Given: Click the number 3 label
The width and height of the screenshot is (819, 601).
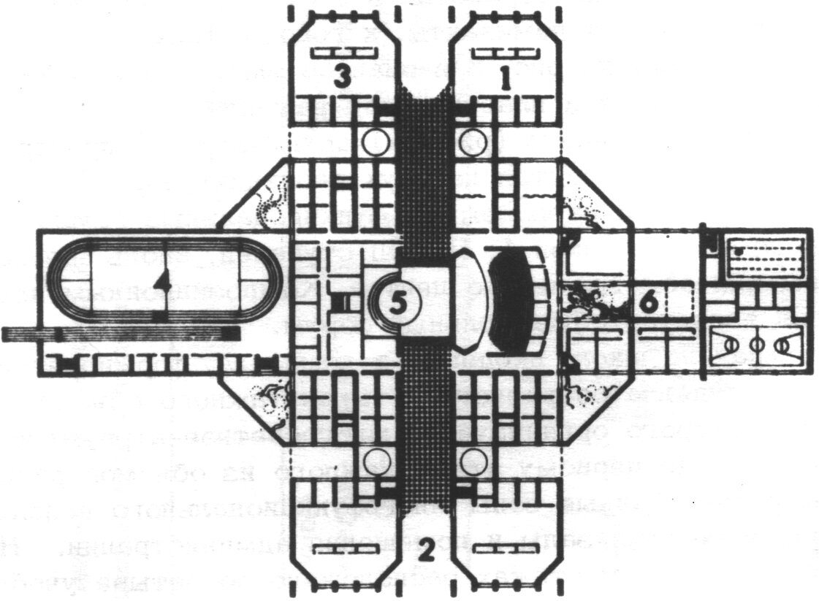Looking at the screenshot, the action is pos(340,76).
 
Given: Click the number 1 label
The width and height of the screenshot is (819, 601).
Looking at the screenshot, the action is pos(503,76).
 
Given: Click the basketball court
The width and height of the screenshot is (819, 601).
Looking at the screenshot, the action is pos(756,341).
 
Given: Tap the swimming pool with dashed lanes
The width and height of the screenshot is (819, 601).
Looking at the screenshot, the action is pos(760,257).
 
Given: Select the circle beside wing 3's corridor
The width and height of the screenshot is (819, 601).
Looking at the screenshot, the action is pos(376,141).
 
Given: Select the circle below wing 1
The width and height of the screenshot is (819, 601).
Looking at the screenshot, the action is pos(473,141).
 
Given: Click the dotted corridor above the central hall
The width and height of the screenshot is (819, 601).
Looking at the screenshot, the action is pos(425,183).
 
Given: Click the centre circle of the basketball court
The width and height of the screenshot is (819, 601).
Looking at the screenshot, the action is pos(756,341).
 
